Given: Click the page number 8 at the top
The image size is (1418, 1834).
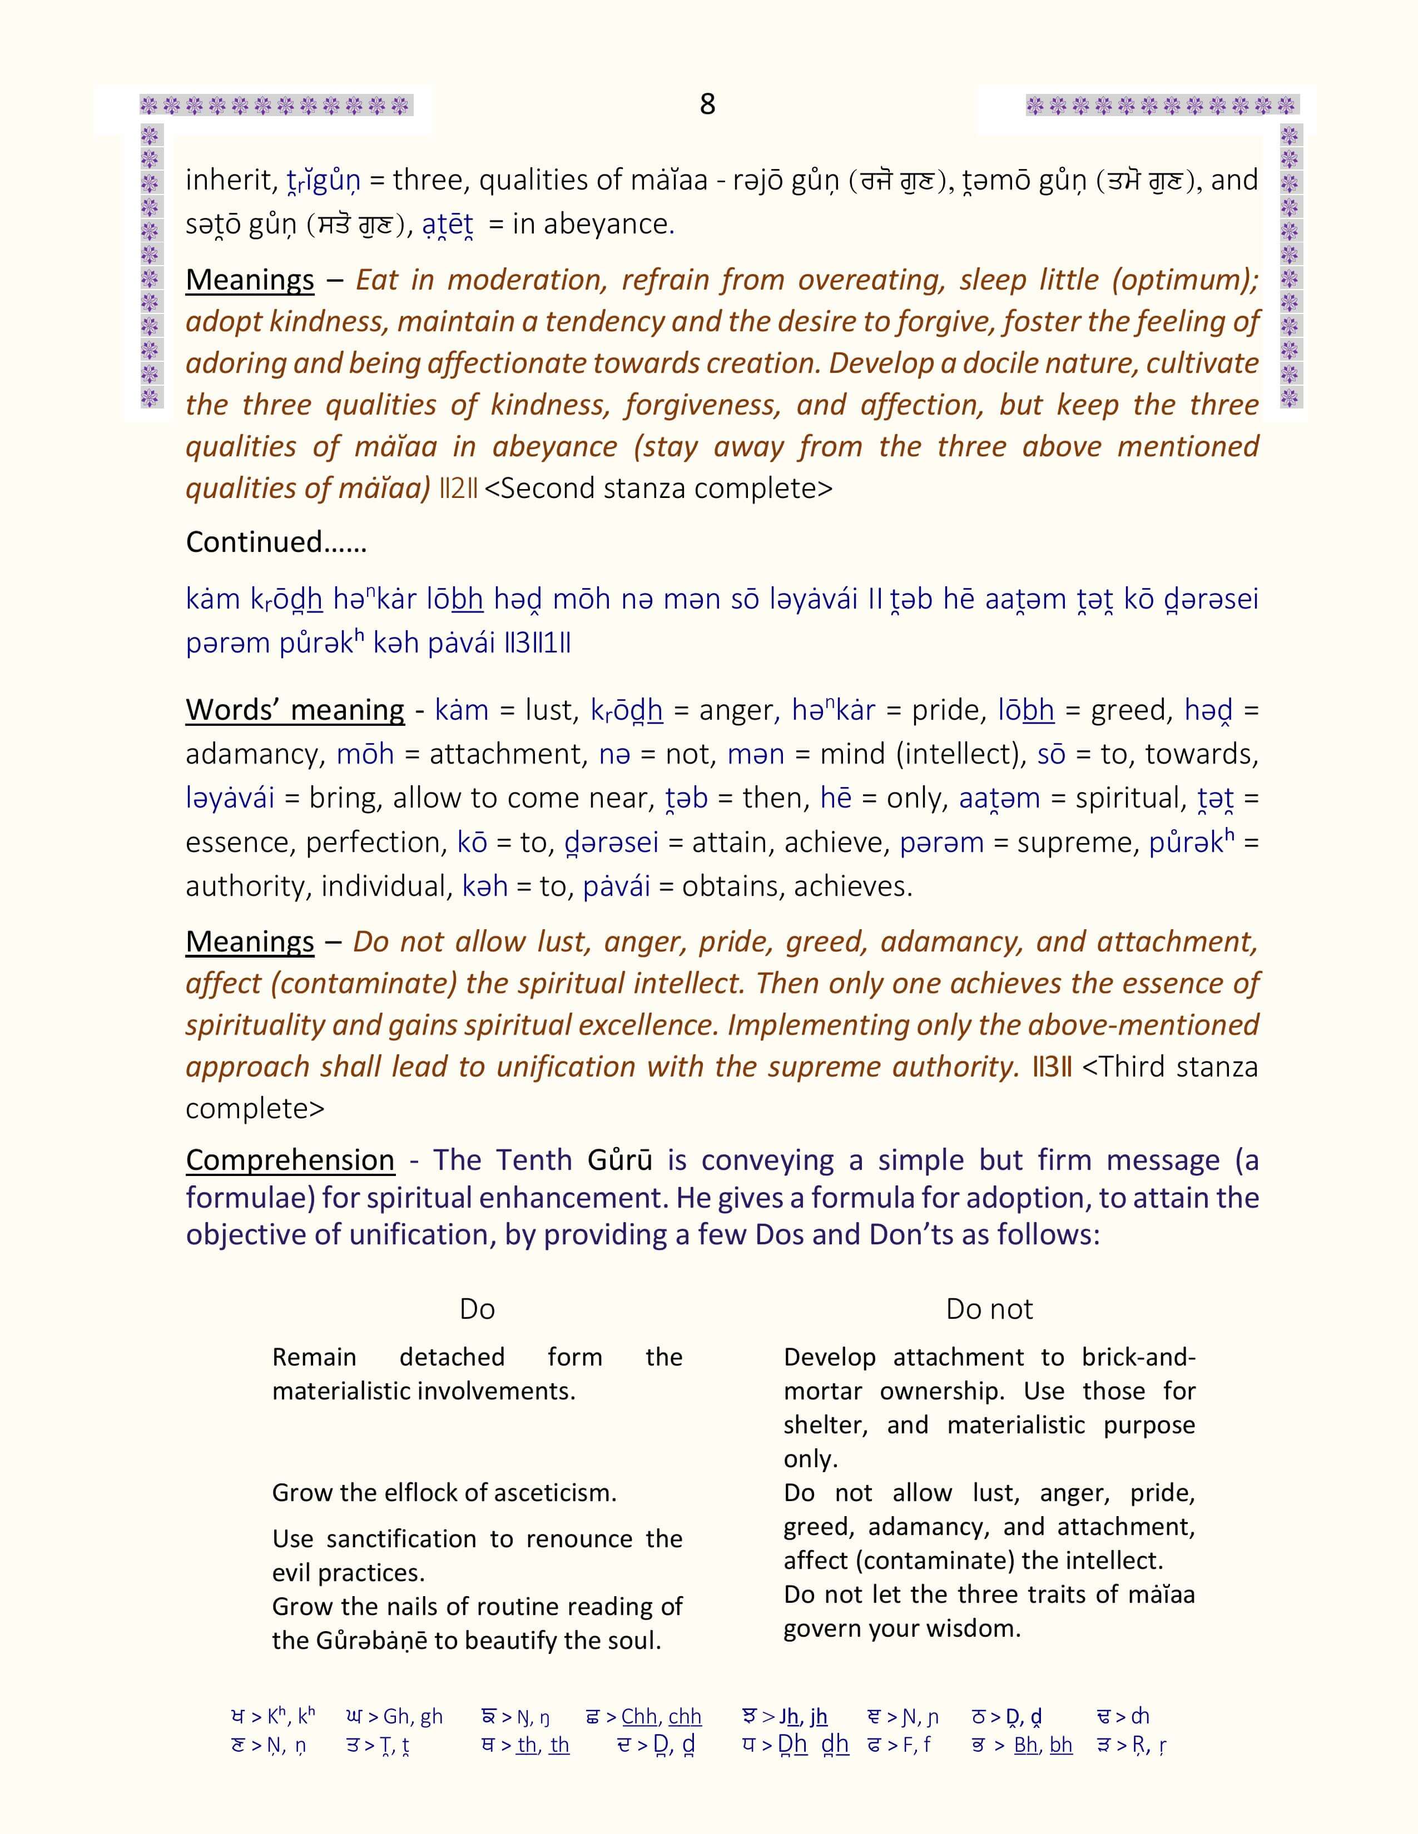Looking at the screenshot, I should point(707,104).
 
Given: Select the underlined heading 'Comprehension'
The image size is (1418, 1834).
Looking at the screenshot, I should point(290,1160).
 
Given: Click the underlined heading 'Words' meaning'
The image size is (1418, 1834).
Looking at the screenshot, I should point(295,710).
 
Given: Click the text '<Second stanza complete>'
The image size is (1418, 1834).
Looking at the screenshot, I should point(658,489).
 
